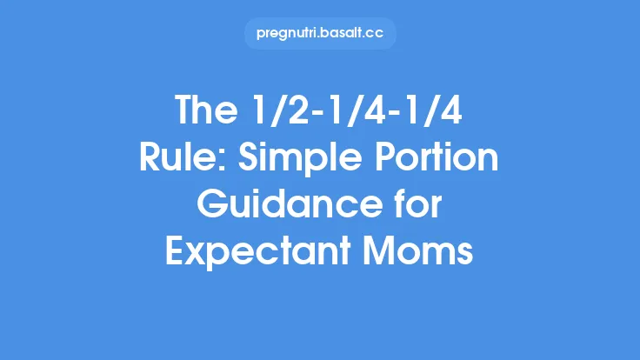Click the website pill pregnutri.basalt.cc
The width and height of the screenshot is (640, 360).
320,34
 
